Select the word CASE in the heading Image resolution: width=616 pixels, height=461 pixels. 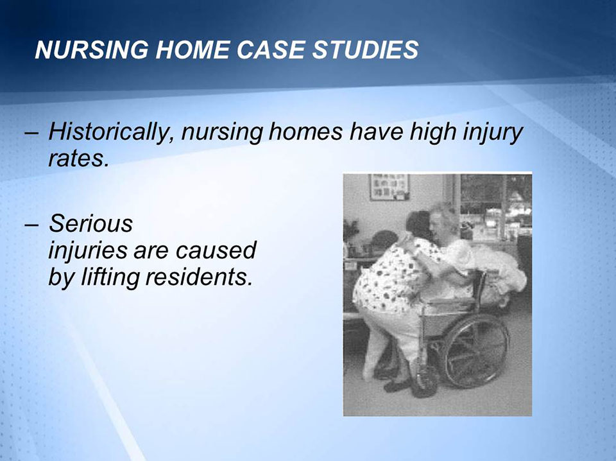[265, 49]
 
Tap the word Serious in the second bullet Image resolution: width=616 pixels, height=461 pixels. [91, 224]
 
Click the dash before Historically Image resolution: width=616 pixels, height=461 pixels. [31, 134]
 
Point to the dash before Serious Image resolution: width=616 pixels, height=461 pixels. [31, 225]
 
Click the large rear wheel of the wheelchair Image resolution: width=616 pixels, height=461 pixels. [475, 349]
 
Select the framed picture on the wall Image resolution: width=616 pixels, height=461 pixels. [389, 187]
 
